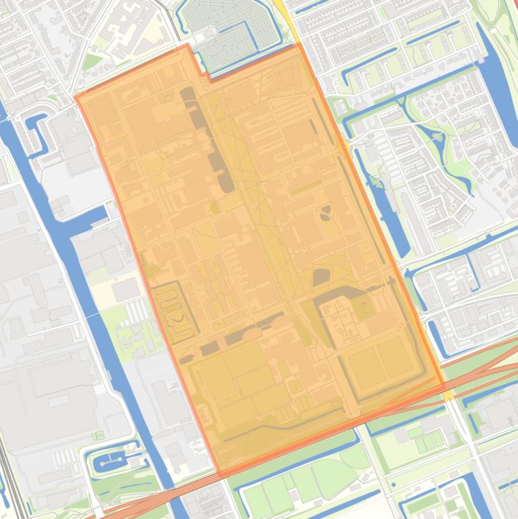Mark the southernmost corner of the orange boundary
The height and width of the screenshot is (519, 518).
(x=220, y=476)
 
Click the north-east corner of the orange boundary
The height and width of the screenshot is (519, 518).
(x=298, y=45)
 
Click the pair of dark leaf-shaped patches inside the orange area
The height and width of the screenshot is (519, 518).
(x=326, y=212)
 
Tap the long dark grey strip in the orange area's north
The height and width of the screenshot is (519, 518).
(x=209, y=138)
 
